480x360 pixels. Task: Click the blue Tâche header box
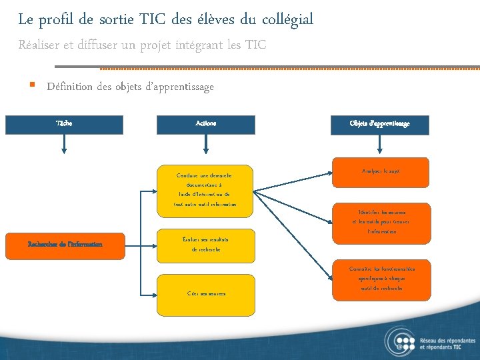pyautogui.click(x=65, y=125)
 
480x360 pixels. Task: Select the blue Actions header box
pyautogui.click(x=206, y=125)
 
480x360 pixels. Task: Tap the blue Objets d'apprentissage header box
pyautogui.click(x=379, y=125)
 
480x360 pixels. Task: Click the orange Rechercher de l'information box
pyautogui.click(x=65, y=245)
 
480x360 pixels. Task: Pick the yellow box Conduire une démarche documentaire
pyautogui.click(x=206, y=190)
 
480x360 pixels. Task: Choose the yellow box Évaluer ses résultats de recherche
pyautogui.click(x=206, y=244)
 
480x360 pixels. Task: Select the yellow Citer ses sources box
pyautogui.click(x=206, y=294)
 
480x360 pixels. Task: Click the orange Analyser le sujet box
pyautogui.click(x=381, y=173)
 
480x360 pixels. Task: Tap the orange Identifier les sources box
pyautogui.click(x=381, y=221)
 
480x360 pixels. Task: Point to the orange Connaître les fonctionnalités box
pyautogui.click(x=381, y=279)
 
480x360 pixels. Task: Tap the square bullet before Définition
pyautogui.click(x=32, y=86)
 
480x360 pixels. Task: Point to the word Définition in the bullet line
pyautogui.click(x=71, y=87)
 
